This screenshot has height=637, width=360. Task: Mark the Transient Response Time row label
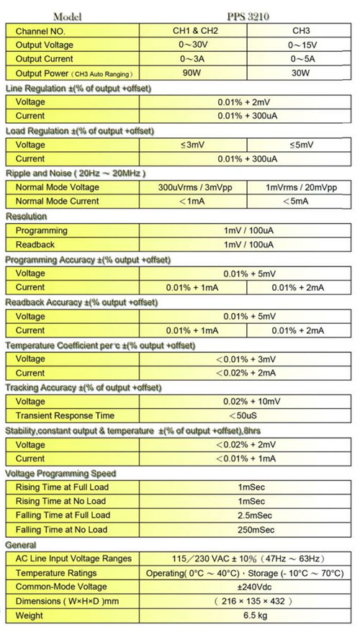pos(65,415)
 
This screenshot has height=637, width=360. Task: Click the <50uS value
pos(245,415)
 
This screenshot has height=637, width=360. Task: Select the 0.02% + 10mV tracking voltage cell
pos(245,402)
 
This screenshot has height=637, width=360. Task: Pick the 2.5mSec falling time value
pos(245,515)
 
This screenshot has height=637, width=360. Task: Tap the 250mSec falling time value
pos(245,530)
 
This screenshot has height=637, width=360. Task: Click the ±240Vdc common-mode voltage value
pos(245,587)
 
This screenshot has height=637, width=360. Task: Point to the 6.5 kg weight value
pos(245,615)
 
